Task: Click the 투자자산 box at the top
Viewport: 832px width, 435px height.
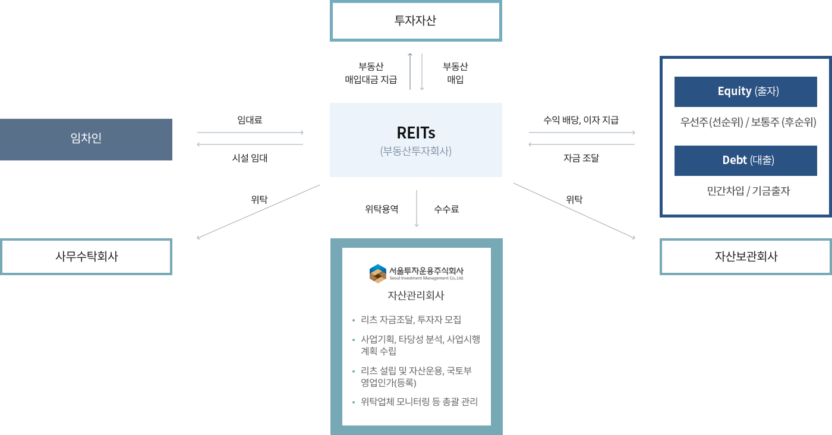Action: pyautogui.click(x=415, y=21)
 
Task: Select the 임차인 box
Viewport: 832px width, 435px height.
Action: pyautogui.click(x=86, y=139)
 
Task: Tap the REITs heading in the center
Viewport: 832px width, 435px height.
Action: pyautogui.click(x=415, y=133)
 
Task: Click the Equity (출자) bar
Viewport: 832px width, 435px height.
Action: pyautogui.click(x=745, y=92)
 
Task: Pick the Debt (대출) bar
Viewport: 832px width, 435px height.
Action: pyautogui.click(x=745, y=160)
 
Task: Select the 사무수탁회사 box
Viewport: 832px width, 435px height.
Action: pyautogui.click(x=86, y=256)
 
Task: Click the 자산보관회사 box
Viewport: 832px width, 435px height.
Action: pyautogui.click(x=745, y=256)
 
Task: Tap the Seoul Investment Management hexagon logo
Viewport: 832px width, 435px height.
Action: pyautogui.click(x=378, y=273)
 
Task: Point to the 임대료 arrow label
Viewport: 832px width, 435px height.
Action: pyautogui.click(x=250, y=120)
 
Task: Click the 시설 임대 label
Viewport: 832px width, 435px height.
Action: pyautogui.click(x=250, y=158)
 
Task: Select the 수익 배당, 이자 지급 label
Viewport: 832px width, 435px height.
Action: pyautogui.click(x=581, y=120)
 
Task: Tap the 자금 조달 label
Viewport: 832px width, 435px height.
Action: pyautogui.click(x=581, y=158)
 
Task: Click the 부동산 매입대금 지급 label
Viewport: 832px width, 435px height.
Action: pyautogui.click(x=371, y=73)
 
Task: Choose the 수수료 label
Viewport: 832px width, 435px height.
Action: pyautogui.click(x=446, y=209)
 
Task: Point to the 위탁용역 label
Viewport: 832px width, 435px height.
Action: pyautogui.click(x=382, y=209)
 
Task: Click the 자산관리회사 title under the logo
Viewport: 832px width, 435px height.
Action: pyautogui.click(x=416, y=295)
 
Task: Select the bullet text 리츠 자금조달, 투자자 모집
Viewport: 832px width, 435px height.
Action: pyautogui.click(x=411, y=320)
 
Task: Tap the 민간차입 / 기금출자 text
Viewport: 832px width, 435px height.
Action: pyautogui.click(x=748, y=191)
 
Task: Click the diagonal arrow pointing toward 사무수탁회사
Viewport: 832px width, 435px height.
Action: pyautogui.click(x=259, y=212)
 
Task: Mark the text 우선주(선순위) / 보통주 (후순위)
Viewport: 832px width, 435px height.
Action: pyautogui.click(x=748, y=122)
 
